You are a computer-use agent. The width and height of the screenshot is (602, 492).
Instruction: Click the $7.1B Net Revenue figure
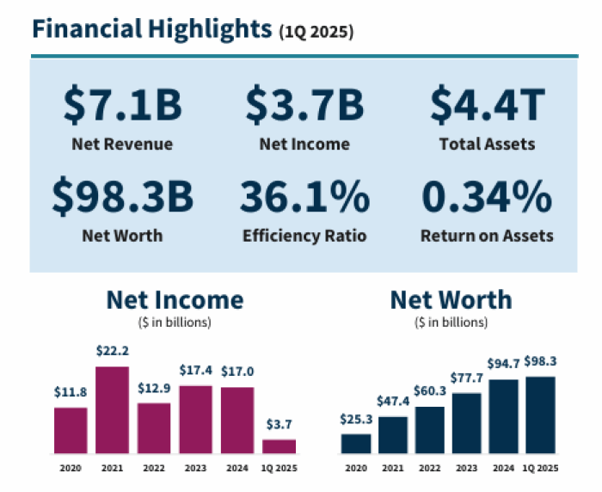[122, 105]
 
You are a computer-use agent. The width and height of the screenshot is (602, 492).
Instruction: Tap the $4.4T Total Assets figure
[488, 105]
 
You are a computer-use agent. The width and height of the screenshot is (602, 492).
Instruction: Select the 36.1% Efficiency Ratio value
[304, 197]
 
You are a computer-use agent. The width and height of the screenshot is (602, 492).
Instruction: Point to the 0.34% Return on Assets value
[487, 197]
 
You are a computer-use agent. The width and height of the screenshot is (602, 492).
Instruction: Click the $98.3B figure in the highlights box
[122, 197]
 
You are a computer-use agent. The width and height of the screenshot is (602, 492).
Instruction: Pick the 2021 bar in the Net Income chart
[112, 409]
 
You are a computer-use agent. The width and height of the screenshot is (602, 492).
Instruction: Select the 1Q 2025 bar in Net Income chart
[279, 446]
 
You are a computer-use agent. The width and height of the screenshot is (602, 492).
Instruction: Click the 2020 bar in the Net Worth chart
[356, 443]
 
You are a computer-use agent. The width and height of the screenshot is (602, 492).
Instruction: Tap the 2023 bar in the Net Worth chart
[467, 422]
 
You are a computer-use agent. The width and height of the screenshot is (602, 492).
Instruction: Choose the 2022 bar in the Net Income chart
[154, 427]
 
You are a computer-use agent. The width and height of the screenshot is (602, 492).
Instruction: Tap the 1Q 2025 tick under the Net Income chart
[279, 468]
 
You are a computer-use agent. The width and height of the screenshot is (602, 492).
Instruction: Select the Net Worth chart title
[451, 300]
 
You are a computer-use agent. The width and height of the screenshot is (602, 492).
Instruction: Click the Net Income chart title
[175, 300]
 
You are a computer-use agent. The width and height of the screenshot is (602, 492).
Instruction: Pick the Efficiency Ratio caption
[304, 235]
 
